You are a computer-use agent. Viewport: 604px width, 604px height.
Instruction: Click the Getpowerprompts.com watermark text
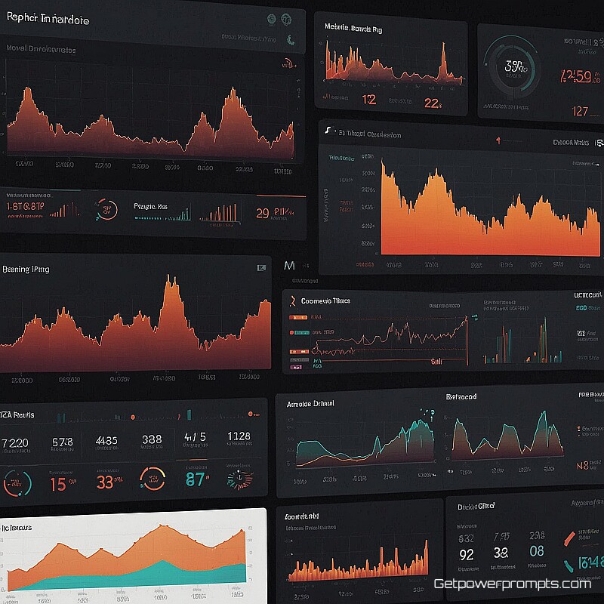pyautogui.click(x=512, y=584)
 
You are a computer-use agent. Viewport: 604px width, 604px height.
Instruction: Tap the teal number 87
pyautogui.click(x=195, y=479)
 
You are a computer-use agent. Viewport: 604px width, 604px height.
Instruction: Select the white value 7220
pyautogui.click(x=16, y=442)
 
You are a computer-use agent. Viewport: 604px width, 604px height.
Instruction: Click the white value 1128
pyautogui.click(x=238, y=437)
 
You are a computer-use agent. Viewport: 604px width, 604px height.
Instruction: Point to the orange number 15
pyautogui.click(x=57, y=484)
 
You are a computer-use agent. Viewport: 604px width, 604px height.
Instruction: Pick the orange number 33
pyautogui.click(x=105, y=482)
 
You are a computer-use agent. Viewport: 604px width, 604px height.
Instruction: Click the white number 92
pyautogui.click(x=467, y=556)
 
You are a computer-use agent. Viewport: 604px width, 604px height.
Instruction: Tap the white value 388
pyautogui.click(x=152, y=440)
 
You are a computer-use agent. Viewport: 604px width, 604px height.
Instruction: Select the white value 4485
pyautogui.click(x=106, y=440)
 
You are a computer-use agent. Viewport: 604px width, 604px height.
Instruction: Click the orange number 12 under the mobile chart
pyautogui.click(x=368, y=100)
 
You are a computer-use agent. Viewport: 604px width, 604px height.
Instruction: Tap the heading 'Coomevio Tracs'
pyautogui.click(x=325, y=300)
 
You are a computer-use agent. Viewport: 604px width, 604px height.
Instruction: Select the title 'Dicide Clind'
pyautogui.click(x=476, y=507)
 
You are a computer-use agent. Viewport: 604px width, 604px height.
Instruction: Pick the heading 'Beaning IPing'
pyautogui.click(x=26, y=269)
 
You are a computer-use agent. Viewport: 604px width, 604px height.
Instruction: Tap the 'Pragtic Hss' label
pyautogui.click(x=150, y=205)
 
